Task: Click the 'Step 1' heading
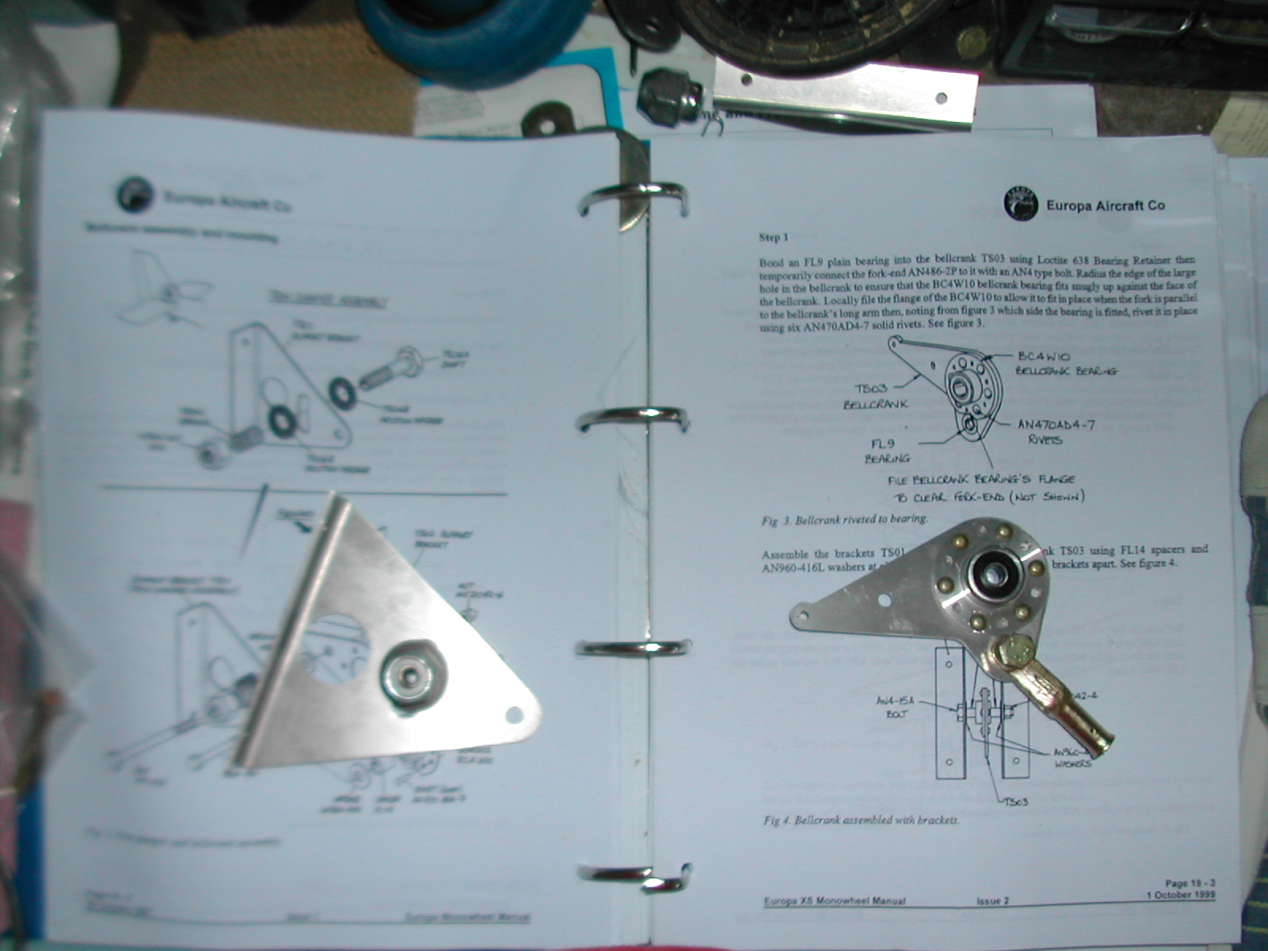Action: [773, 237]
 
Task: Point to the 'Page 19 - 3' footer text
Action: [1190, 883]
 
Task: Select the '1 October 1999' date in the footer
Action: [1180, 895]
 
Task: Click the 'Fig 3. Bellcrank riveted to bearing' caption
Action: [844, 520]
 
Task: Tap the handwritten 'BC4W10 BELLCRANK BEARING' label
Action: [1066, 364]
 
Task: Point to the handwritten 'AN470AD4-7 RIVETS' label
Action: [1056, 431]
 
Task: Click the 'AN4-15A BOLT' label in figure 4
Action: [896, 707]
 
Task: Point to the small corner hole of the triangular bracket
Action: [514, 716]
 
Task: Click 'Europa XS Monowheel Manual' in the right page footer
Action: [834, 901]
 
